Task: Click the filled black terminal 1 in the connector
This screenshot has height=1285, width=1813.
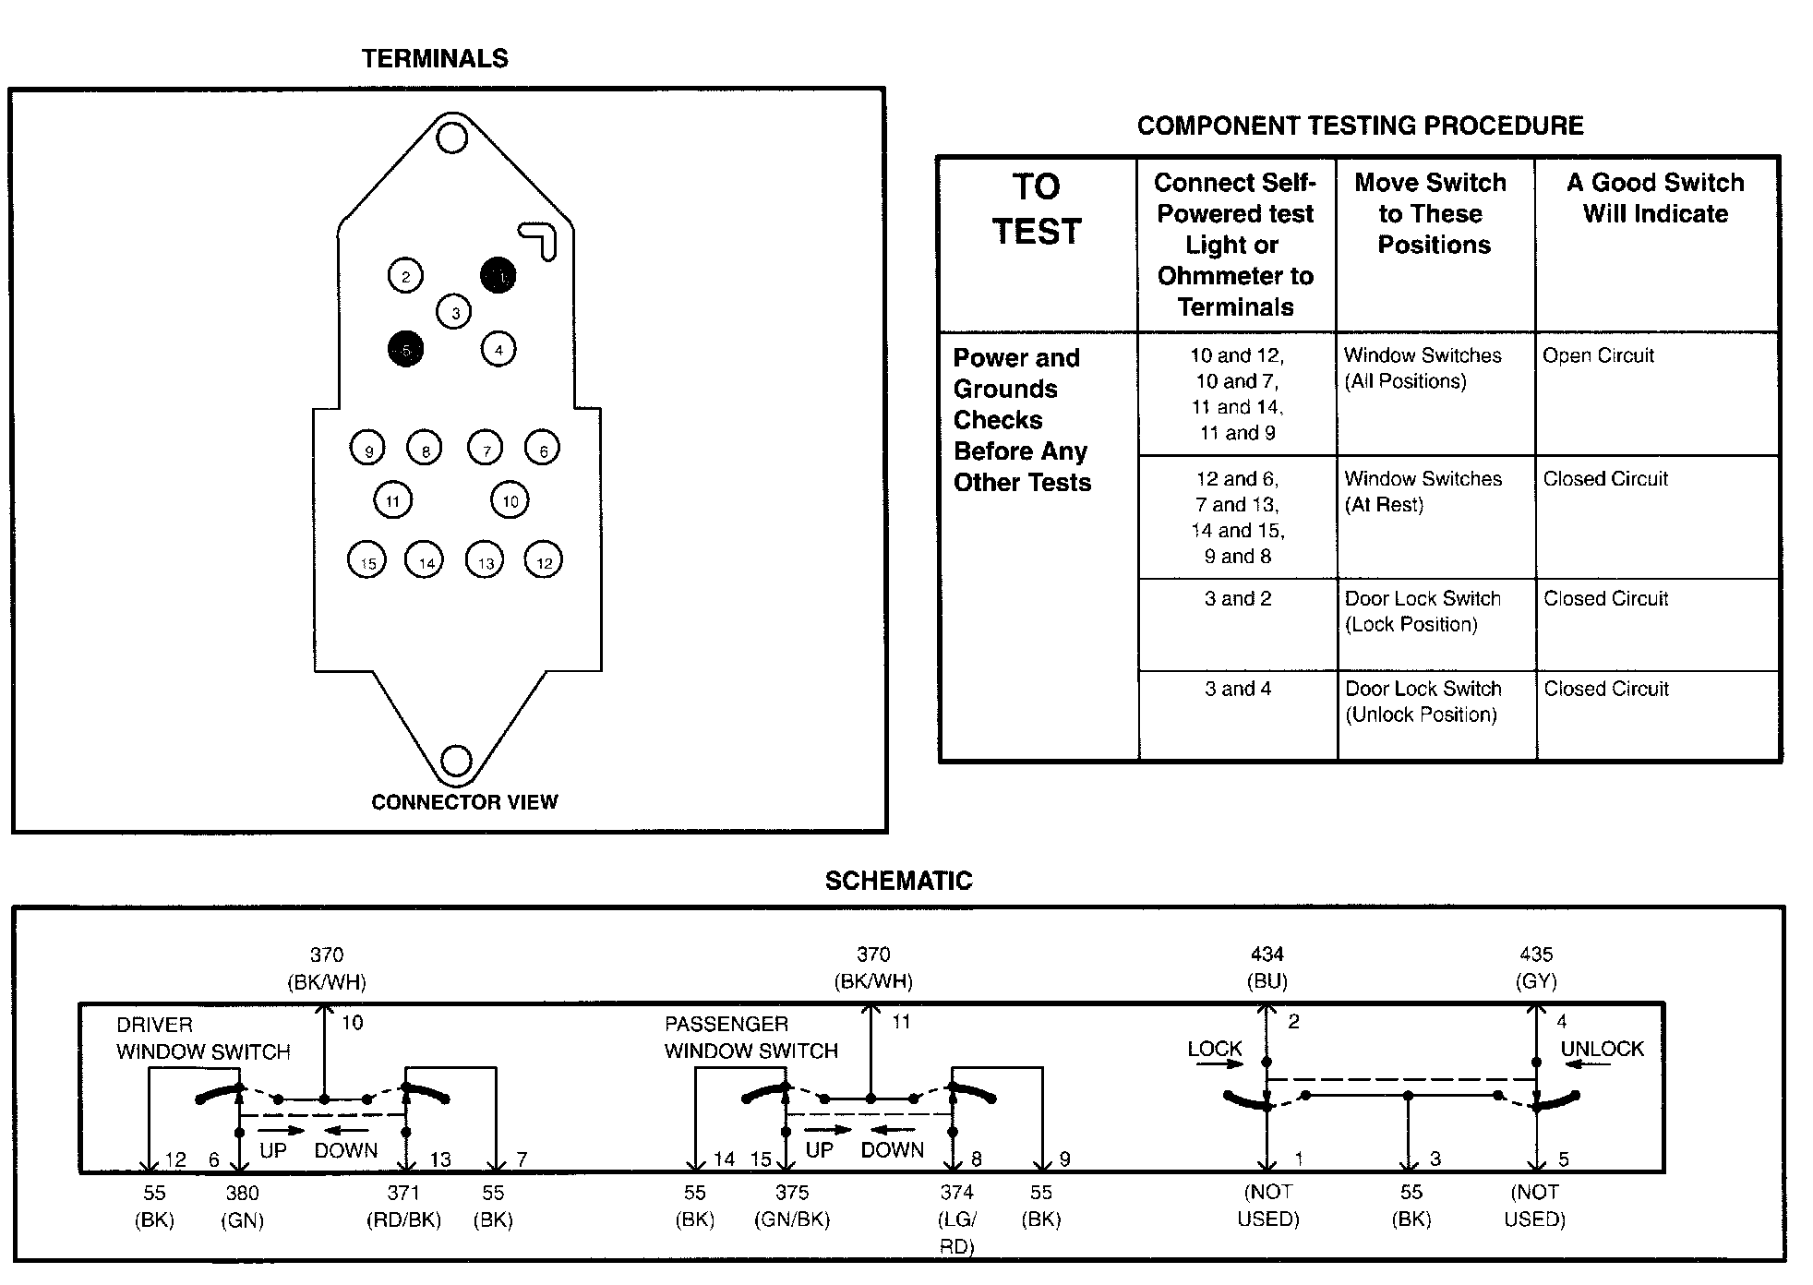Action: click(498, 275)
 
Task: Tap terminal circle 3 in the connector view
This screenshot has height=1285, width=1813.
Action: click(454, 312)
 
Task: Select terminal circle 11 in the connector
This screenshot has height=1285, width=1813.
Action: click(392, 500)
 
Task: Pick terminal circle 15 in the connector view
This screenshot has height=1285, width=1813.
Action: click(367, 560)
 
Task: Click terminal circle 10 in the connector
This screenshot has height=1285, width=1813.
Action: click(510, 500)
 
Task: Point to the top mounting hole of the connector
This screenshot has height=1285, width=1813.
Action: click(451, 138)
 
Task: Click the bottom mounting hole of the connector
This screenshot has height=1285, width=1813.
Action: click(455, 761)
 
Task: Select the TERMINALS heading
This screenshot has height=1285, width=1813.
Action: click(435, 59)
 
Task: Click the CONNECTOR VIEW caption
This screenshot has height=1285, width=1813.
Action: click(464, 802)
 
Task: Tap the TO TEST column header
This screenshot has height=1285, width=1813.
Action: click(1037, 210)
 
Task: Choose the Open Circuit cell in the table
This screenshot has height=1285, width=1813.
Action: click(1598, 355)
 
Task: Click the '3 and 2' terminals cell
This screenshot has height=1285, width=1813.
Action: click(1237, 599)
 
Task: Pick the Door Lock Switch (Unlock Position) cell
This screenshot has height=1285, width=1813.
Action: click(1423, 702)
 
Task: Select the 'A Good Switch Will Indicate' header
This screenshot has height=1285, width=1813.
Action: click(1655, 198)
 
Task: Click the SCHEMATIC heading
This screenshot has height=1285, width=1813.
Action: click(898, 881)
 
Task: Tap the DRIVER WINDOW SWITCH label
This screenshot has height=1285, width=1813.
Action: click(203, 1039)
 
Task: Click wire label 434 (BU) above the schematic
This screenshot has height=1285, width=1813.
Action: click(1267, 967)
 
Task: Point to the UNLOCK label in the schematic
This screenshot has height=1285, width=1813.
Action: click(1602, 1049)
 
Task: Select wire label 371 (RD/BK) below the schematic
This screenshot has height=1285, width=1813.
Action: click(403, 1206)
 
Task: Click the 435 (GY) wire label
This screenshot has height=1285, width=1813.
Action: click(1536, 967)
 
